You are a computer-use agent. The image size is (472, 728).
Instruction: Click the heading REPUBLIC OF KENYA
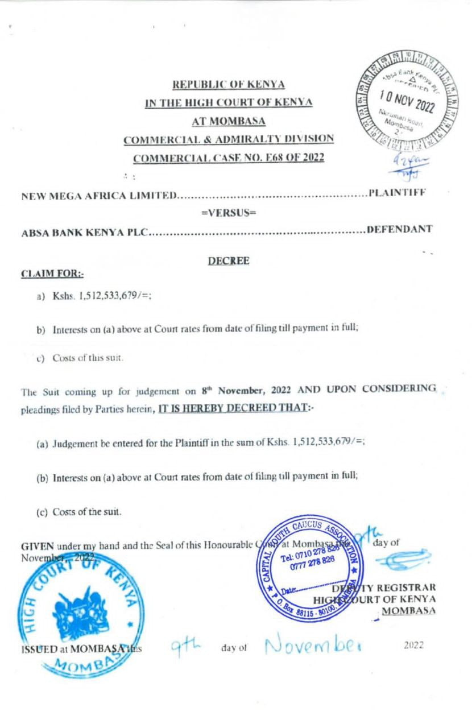[x=229, y=85]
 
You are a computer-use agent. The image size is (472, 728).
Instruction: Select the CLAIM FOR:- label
[x=52, y=274]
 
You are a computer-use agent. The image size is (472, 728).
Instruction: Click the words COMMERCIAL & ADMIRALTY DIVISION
[x=229, y=139]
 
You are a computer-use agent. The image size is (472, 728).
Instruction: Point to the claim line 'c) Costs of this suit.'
[x=85, y=358]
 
